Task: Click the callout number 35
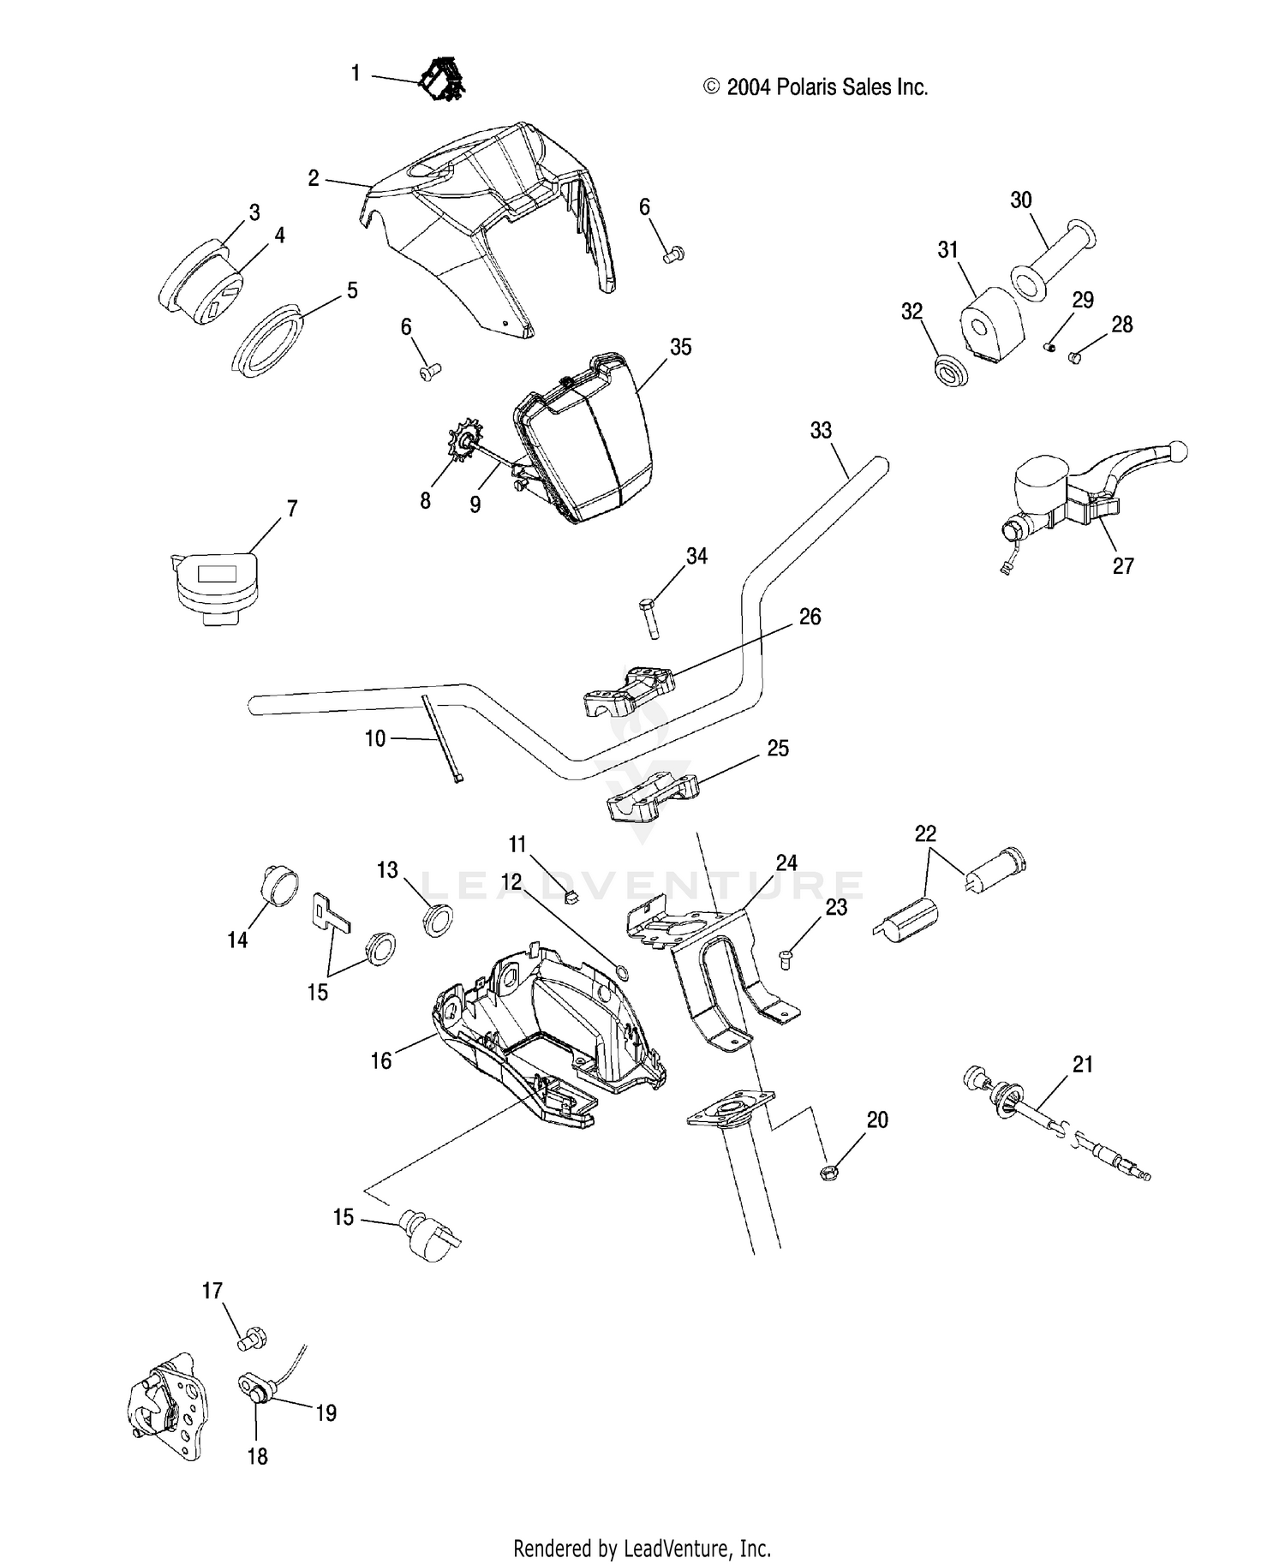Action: (681, 347)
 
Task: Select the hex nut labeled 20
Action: (828, 1173)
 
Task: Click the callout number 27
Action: (1123, 565)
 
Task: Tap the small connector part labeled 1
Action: (442, 79)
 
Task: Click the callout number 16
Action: (381, 1060)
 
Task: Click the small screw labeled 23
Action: (785, 958)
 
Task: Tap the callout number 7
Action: (292, 509)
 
